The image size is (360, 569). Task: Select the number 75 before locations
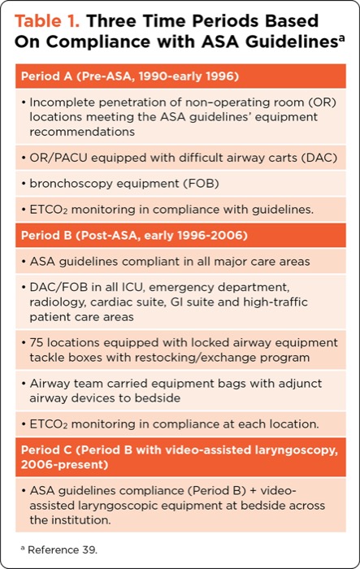point(36,341)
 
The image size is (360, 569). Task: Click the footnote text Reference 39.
point(59,549)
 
